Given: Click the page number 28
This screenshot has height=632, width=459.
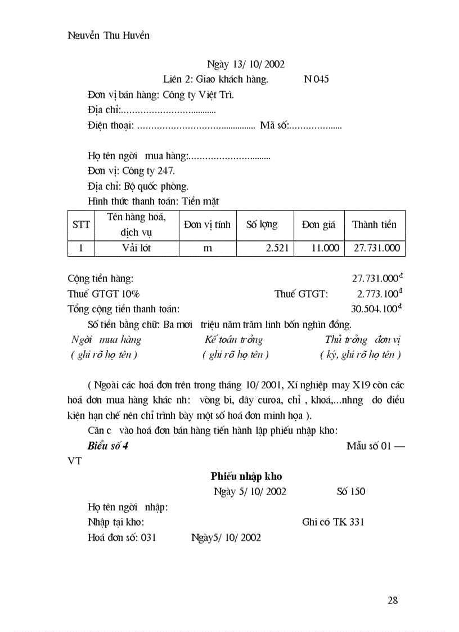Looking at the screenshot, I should [x=393, y=600].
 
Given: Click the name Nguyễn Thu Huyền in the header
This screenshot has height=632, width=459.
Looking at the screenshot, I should [x=109, y=35].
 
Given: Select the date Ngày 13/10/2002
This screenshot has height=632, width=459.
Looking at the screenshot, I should [x=246, y=65].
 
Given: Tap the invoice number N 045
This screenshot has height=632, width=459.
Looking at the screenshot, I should [x=316, y=79].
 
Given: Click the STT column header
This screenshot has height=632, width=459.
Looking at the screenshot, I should [x=81, y=225].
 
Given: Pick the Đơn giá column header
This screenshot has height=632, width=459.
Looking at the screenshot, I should [x=318, y=225].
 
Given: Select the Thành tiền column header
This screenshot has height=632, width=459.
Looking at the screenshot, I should [x=374, y=225].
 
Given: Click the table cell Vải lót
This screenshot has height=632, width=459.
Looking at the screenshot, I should [x=137, y=248].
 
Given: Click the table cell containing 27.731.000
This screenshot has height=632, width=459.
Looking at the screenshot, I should [x=377, y=248].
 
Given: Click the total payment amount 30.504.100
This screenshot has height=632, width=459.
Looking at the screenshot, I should [x=375, y=308].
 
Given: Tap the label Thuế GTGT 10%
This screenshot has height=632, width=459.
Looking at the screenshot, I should [x=104, y=294].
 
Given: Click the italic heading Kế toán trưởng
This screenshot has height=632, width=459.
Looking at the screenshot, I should [x=233, y=340].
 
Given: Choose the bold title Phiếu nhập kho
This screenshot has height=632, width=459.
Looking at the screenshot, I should [x=246, y=476].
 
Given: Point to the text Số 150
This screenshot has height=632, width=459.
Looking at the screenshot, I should [x=351, y=491].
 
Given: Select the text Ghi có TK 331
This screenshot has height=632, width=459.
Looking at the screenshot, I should [x=333, y=522].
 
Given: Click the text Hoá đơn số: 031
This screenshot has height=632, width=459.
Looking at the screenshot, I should [x=122, y=537].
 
